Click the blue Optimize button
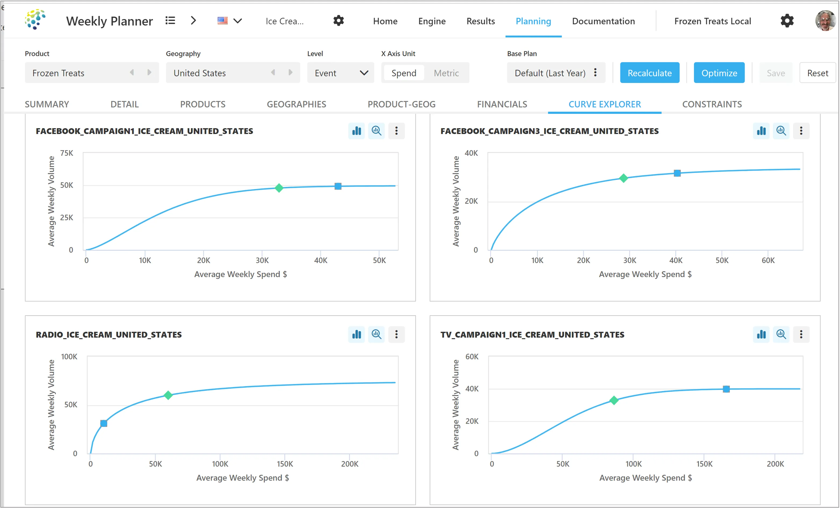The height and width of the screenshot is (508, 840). (x=719, y=73)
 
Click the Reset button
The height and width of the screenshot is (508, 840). (x=817, y=73)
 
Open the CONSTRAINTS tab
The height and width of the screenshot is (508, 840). (x=712, y=104)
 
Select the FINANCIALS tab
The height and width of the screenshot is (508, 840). (x=502, y=104)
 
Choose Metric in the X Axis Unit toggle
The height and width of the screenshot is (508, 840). (x=446, y=73)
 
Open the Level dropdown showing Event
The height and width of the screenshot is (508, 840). (x=340, y=73)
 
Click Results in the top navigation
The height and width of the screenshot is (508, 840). (x=480, y=21)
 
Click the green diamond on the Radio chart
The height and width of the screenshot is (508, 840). (x=168, y=395)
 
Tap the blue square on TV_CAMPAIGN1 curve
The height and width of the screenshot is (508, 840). (x=726, y=389)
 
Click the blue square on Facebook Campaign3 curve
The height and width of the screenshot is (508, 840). (x=677, y=173)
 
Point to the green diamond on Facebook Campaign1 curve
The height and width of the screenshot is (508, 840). (x=279, y=188)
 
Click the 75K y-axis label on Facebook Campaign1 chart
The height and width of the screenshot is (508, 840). (x=67, y=153)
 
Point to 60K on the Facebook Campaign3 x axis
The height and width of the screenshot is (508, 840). (x=768, y=260)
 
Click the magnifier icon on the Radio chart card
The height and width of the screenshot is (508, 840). (x=376, y=334)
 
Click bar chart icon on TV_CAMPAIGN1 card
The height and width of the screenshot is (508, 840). (x=761, y=334)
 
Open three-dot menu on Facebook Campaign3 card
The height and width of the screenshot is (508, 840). (x=801, y=131)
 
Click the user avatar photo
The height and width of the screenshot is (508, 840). (x=825, y=21)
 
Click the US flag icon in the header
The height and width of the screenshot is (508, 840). (x=223, y=21)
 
